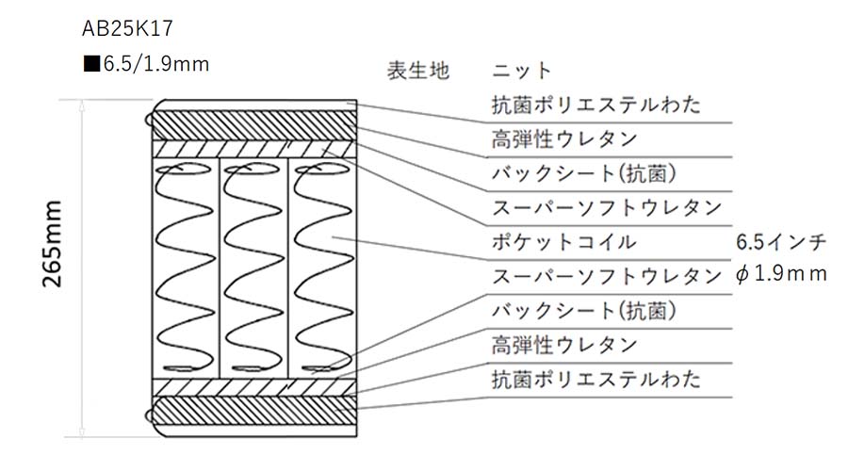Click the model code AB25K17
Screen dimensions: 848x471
127,28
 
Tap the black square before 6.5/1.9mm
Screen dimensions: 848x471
92,64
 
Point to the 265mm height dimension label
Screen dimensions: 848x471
53,244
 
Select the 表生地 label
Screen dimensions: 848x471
418,71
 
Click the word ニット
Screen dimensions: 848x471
522,71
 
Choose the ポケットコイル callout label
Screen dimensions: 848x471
564,242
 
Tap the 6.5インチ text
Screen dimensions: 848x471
781,242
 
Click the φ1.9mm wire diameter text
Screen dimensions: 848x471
781,274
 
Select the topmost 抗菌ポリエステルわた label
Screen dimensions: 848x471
596,105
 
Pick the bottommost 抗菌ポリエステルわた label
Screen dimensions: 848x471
596,379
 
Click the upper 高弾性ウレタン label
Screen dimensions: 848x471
564,139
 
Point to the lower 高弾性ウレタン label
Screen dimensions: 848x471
564,345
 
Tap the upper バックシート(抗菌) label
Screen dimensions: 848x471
584,173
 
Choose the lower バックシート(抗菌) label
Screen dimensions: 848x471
584,311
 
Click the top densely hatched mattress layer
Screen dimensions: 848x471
254,125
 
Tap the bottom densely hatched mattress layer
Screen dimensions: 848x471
254,411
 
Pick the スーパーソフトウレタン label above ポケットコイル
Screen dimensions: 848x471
607,207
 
